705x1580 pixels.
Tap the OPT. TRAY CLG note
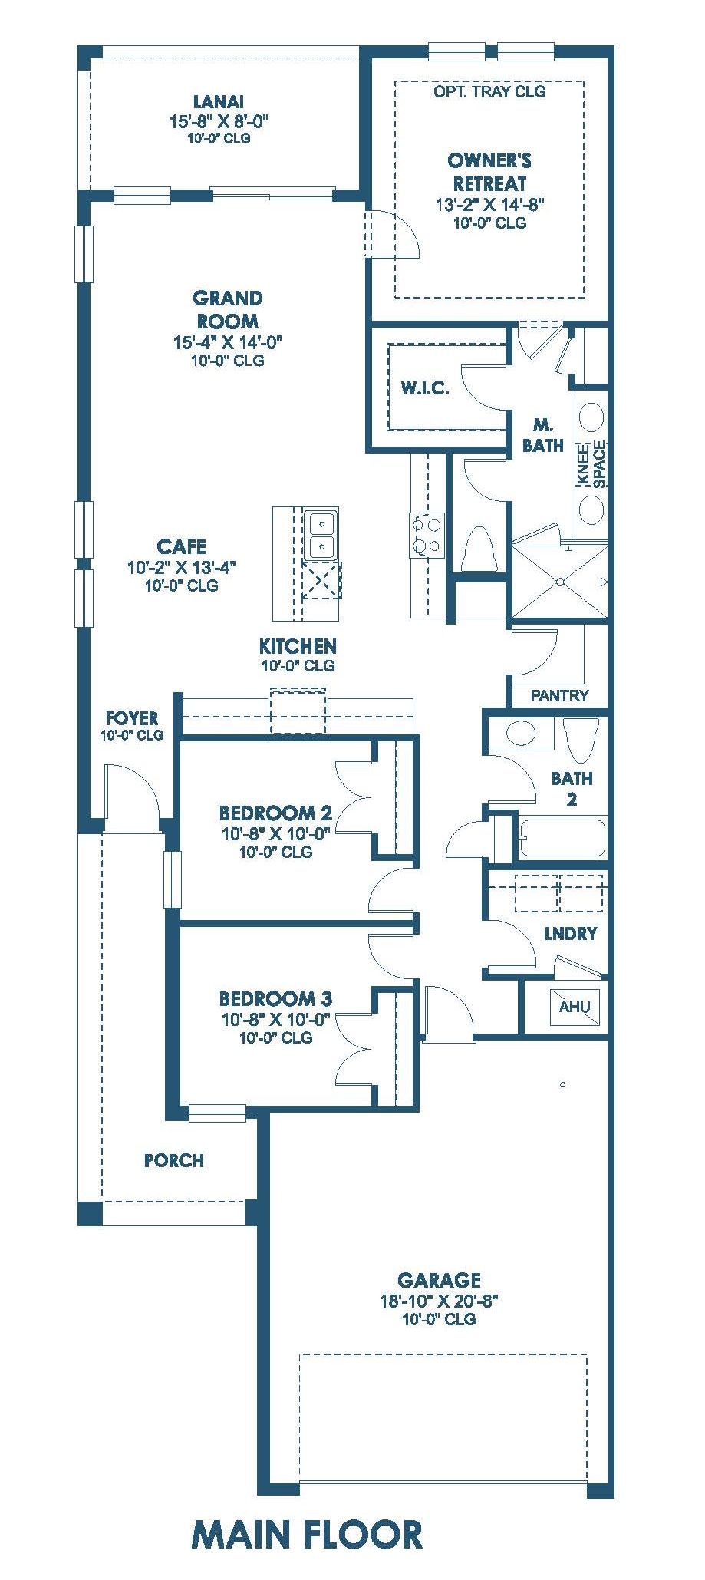tap(489, 91)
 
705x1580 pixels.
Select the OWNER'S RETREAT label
tap(489, 172)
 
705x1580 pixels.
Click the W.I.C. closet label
tap(425, 388)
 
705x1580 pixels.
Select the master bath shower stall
tap(560, 581)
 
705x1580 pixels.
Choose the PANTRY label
tap(559, 696)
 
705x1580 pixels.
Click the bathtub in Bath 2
tap(562, 838)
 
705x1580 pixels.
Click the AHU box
tap(574, 1007)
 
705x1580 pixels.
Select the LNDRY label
tap(570, 934)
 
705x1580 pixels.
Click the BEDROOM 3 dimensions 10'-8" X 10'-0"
tap(275, 1019)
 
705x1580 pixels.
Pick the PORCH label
tap(174, 1161)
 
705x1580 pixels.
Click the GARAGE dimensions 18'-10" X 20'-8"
tap(439, 1301)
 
